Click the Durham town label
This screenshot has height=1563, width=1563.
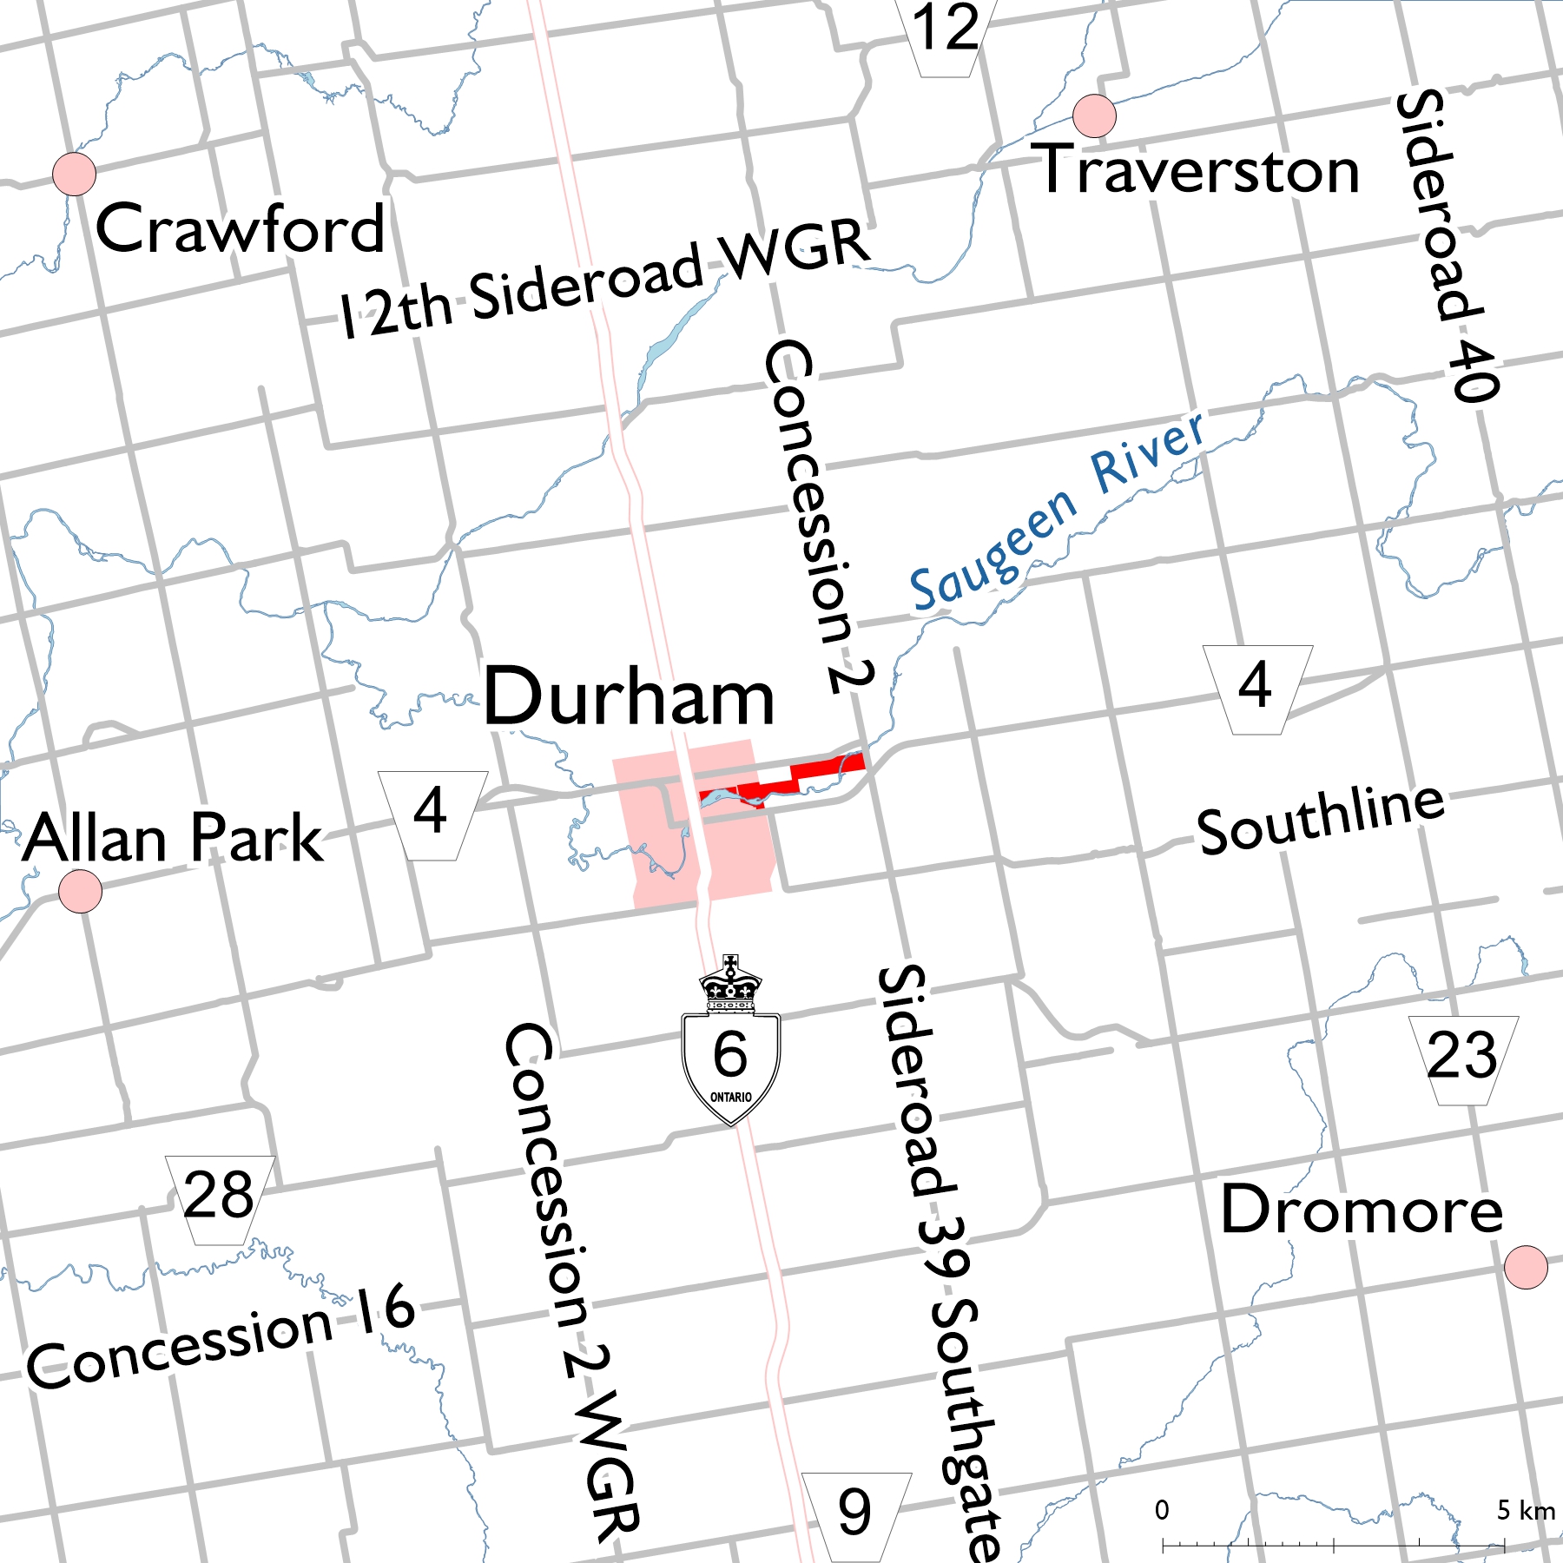click(628, 697)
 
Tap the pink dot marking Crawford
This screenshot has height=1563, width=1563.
click(74, 174)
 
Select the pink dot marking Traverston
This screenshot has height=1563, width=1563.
click(1094, 115)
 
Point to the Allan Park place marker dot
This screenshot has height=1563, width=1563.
click(80, 891)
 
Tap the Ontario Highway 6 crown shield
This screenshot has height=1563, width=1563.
click(730, 1042)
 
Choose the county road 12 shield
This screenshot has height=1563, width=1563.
click(946, 35)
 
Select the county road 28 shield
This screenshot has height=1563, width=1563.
click(220, 1199)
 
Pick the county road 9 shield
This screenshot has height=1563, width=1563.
click(856, 1515)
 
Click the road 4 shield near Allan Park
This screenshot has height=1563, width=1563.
click(432, 814)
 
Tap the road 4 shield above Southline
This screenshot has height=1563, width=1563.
click(1256, 689)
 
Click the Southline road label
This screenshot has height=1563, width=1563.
click(1321, 818)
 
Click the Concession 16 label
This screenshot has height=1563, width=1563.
click(221, 1337)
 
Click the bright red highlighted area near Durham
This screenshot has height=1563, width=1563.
click(826, 768)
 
